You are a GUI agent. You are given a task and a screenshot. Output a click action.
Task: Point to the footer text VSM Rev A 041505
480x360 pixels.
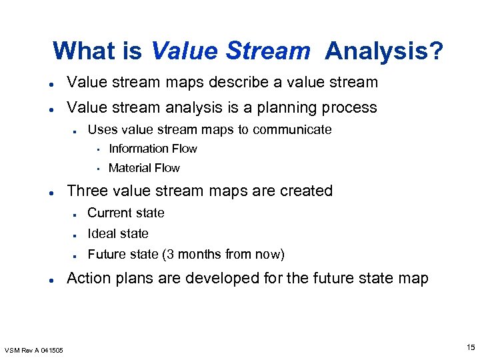pos(34,350)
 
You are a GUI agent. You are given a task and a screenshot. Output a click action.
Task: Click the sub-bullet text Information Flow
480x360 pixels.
pos(153,149)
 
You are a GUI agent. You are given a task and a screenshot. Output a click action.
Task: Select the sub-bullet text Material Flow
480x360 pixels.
pos(144,168)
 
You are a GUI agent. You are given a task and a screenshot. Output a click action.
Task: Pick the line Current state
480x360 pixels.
pos(126,213)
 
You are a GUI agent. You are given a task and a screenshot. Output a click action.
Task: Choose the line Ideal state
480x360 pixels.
pos(118,233)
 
